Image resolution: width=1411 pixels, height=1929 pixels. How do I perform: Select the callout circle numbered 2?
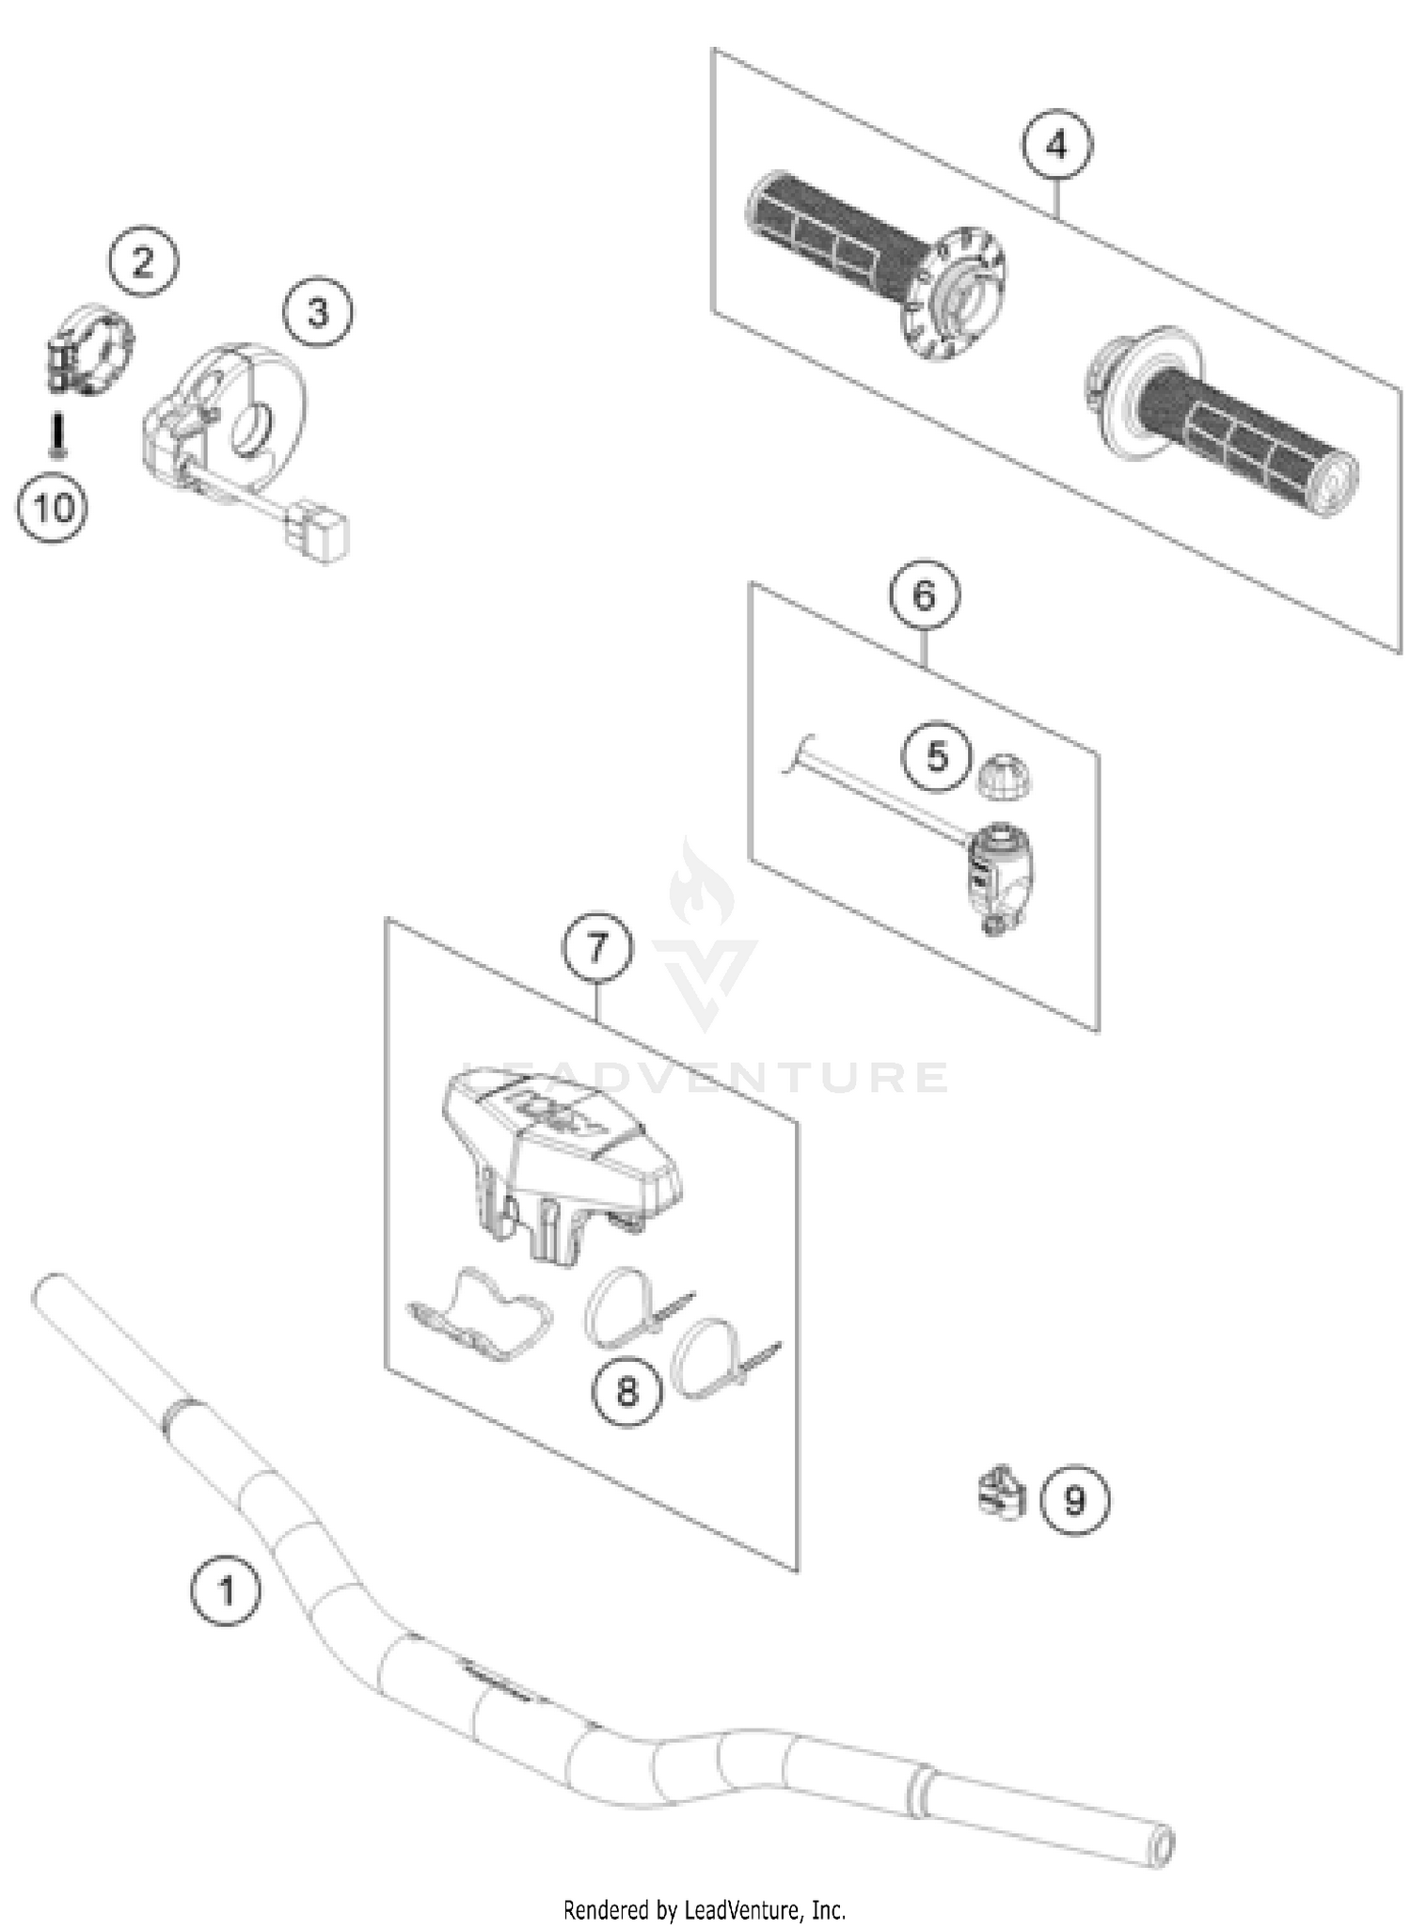tap(143, 261)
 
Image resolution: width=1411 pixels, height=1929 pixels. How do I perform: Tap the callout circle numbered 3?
tap(318, 311)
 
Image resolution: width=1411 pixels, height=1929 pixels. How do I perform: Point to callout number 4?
tap(1057, 145)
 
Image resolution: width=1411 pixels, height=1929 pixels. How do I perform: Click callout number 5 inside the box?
tap(937, 756)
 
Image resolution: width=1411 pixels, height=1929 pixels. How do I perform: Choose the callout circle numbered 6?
tap(925, 594)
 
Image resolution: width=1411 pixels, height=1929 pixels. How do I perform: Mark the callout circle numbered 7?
tap(598, 948)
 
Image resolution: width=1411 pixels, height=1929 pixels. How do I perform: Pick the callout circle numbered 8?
tap(627, 1391)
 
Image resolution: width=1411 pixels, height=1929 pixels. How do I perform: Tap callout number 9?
tap(1075, 1499)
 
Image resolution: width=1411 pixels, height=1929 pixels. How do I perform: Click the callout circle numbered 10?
tap(54, 508)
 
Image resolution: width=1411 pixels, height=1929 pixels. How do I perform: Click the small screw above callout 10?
tap(57, 437)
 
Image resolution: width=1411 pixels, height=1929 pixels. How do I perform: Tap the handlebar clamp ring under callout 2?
tap(92, 349)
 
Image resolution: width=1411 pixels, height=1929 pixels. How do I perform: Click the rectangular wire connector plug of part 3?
tap(318, 536)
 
